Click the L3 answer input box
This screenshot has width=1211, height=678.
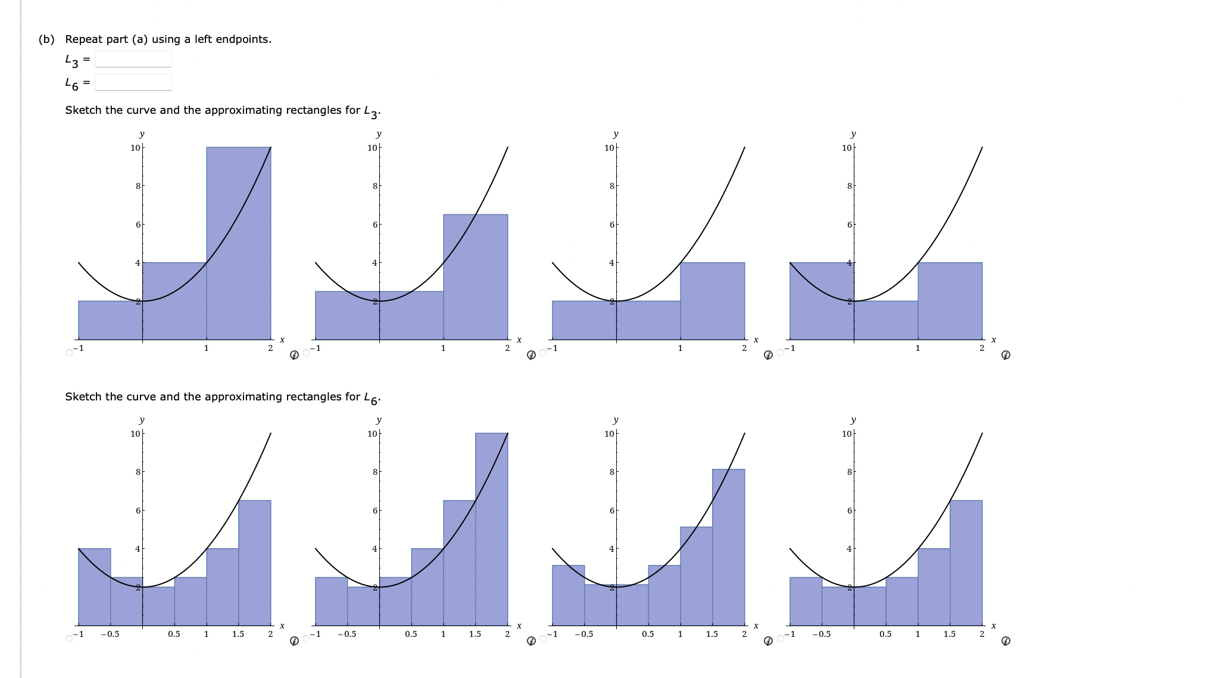click(x=133, y=59)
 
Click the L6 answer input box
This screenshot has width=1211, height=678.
click(x=133, y=82)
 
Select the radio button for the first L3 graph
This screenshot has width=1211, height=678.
click(x=69, y=353)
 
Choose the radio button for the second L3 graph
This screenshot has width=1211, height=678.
click(x=306, y=353)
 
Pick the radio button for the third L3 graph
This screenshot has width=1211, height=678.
click(x=543, y=353)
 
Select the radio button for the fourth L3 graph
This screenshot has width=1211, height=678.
click(x=781, y=353)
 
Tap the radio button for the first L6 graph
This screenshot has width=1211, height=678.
click(x=69, y=639)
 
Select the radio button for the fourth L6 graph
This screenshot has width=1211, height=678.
click(x=781, y=639)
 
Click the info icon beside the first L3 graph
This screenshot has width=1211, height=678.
click(x=294, y=355)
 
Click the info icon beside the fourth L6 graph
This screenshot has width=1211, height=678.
click(x=1006, y=641)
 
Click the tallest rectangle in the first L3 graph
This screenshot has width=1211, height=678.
click(x=239, y=238)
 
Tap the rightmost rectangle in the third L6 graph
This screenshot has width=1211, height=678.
click(x=729, y=548)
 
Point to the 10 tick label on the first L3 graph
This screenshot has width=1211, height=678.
click(x=135, y=147)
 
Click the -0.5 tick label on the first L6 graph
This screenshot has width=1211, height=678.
click(x=110, y=634)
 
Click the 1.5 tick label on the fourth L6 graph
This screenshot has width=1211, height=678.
click(x=950, y=634)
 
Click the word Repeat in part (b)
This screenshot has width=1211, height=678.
click(x=83, y=39)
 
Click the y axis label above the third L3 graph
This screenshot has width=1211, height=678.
click(x=616, y=133)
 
